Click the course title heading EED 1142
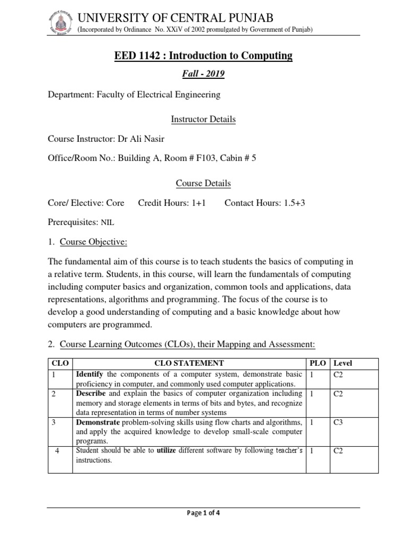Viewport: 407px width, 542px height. (x=203, y=56)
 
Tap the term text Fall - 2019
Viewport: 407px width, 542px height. (x=203, y=74)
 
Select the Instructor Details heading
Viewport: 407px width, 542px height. (x=203, y=120)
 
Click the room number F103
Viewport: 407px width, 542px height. (x=195, y=158)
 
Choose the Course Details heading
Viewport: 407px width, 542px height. (x=203, y=183)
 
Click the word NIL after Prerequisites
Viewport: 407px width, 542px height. (x=107, y=223)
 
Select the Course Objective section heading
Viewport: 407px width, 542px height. (x=93, y=242)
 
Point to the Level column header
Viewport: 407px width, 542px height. (x=342, y=364)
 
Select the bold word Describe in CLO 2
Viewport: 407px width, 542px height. (x=92, y=394)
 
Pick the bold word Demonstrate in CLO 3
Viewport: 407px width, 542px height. (x=98, y=422)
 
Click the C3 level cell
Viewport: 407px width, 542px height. (x=338, y=422)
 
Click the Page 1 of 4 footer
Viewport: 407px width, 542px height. (x=204, y=519)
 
